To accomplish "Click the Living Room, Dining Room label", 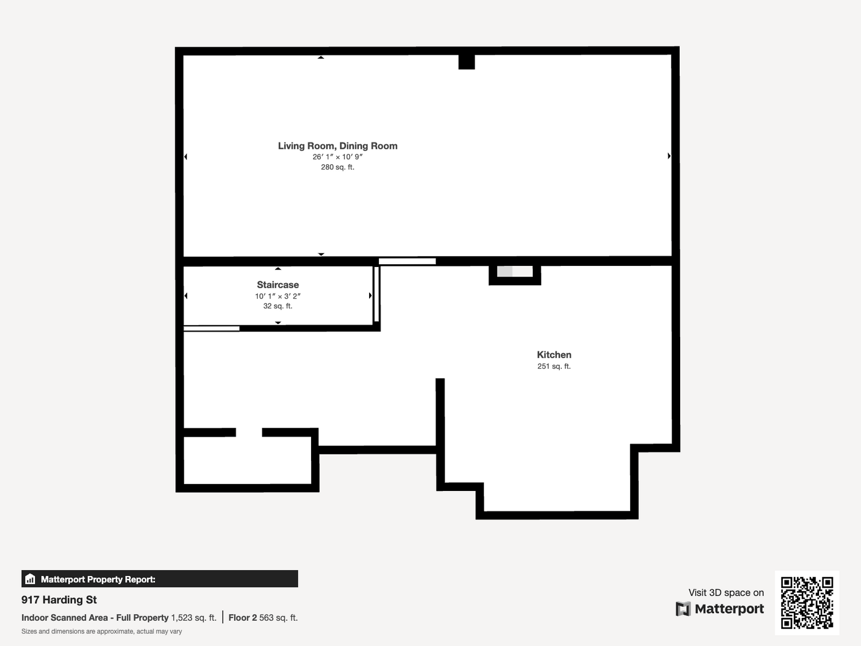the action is (x=338, y=146).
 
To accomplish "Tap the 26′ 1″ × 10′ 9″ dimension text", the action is (x=338, y=157).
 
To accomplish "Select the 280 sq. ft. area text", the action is (x=338, y=167).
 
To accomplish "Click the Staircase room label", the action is (x=278, y=285).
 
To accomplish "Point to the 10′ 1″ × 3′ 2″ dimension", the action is (x=278, y=296).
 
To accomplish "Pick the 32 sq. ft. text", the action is (x=278, y=306).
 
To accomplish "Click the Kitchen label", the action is (x=554, y=354).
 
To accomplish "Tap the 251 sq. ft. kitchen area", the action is (x=554, y=366).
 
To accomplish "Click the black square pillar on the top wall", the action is (x=467, y=62).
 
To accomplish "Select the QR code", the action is (x=807, y=602).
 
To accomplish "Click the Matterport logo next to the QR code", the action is (x=719, y=609).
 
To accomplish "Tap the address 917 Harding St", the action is (x=59, y=599).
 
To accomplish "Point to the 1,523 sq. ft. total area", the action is (x=193, y=618).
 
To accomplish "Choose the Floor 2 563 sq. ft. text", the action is (x=263, y=618).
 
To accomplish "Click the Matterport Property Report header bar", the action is (x=160, y=579).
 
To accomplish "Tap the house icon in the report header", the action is (x=30, y=579).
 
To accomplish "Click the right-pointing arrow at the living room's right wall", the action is (x=669, y=156).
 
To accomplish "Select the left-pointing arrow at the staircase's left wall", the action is (x=186, y=296).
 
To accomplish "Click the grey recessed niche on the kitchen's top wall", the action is (x=515, y=272).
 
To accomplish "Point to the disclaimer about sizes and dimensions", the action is (x=102, y=632).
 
